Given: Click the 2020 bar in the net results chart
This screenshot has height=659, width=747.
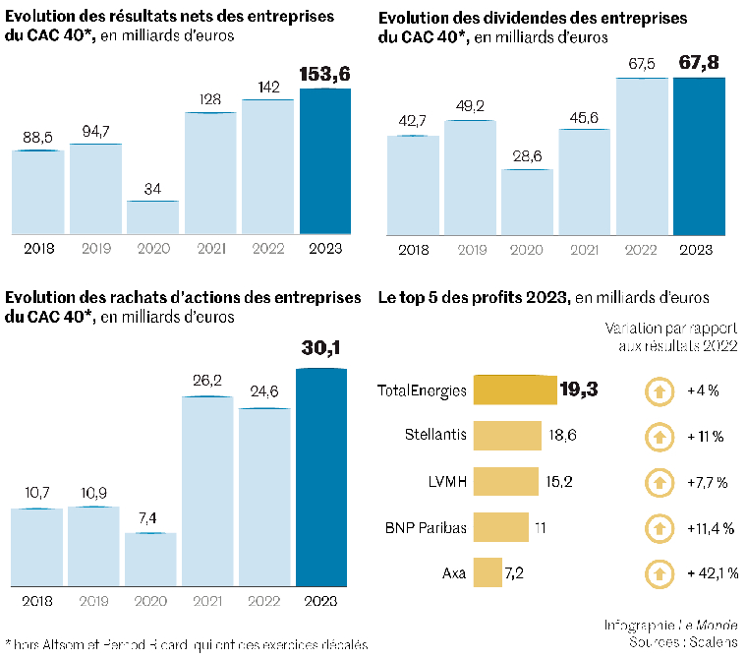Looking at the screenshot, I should coord(153,217).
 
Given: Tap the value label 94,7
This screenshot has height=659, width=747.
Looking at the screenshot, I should coord(94,129).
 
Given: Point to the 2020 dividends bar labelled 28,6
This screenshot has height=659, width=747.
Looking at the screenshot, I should coord(528,202).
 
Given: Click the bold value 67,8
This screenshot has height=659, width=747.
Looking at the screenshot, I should coord(698,63).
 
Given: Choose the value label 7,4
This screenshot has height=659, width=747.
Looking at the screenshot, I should coord(150,518).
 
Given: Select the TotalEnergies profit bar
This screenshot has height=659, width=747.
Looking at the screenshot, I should coord(514,390).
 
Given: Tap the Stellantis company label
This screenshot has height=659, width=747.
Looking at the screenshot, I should coord(435,435).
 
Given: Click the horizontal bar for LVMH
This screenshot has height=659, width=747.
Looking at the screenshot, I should coord(507,481).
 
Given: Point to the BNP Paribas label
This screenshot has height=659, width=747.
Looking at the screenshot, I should coord(425,527).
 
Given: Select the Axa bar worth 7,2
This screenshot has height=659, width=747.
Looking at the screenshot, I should coord(486,571).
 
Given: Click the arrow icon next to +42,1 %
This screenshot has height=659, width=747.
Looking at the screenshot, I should coord(655,572).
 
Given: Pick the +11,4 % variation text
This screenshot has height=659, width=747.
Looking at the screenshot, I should coord(707,528).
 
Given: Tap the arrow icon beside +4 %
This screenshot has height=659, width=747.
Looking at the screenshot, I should coord(655,390).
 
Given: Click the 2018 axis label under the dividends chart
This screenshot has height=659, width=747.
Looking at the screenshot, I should coord(413,249).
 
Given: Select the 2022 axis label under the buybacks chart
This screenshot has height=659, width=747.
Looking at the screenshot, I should coord(265,601).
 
